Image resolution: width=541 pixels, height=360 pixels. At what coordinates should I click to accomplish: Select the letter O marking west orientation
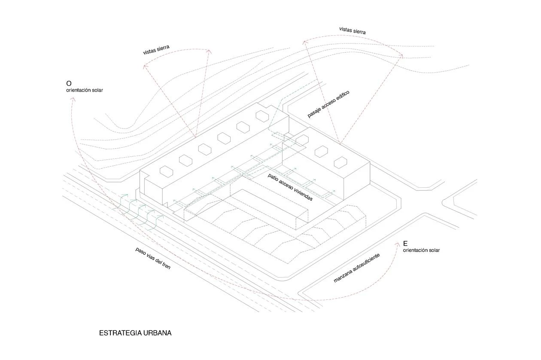tap(69, 83)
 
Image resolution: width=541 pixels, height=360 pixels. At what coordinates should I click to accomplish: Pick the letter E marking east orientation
tap(405, 244)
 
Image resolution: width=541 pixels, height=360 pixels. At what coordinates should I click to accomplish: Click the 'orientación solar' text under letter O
tap(85, 90)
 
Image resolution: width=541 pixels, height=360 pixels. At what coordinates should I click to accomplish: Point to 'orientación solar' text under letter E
tap(421, 250)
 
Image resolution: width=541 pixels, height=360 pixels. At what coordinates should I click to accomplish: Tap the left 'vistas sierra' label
tap(156, 49)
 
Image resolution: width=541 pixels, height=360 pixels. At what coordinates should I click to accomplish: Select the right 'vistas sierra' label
tap(352, 31)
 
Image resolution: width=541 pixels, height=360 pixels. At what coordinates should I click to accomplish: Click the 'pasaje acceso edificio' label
tap(328, 104)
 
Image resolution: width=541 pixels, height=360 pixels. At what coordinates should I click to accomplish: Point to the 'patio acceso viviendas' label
tap(290, 187)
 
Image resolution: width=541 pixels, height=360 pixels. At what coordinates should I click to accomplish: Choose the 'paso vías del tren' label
tap(153, 258)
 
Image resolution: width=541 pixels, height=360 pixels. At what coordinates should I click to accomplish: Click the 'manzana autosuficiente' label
tap(356, 268)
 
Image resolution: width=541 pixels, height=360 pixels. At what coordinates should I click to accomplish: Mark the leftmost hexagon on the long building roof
tap(166, 171)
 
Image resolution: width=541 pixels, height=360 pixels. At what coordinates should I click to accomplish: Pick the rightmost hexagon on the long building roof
tap(261, 115)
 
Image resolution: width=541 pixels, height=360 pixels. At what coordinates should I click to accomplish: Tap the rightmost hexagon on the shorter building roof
tap(340, 162)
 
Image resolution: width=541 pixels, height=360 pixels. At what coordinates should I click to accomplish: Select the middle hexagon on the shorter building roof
tap(321, 151)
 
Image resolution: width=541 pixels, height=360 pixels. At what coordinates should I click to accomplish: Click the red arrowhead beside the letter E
tap(397, 244)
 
